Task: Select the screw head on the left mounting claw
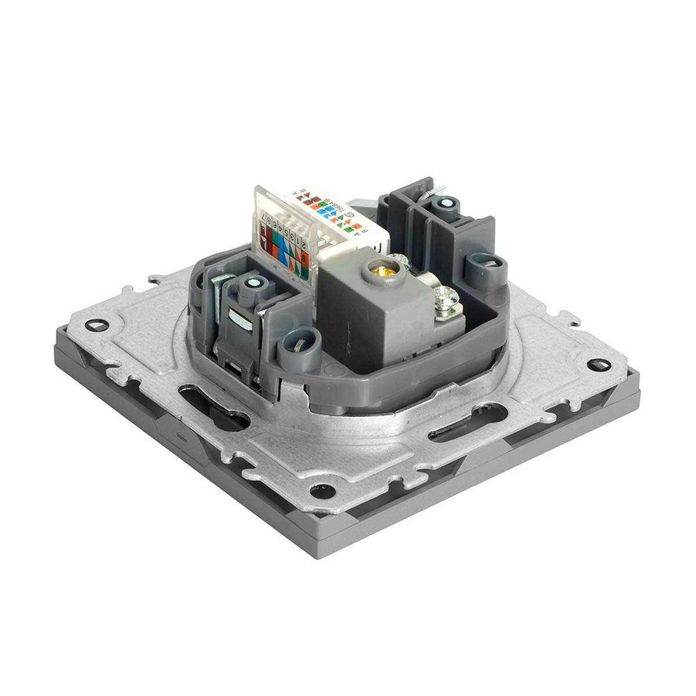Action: pos(252,284)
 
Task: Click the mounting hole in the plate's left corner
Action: pos(96,325)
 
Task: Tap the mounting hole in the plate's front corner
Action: pos(322,491)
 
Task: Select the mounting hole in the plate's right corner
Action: pos(599,365)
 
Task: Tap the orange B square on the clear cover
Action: pos(304,258)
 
